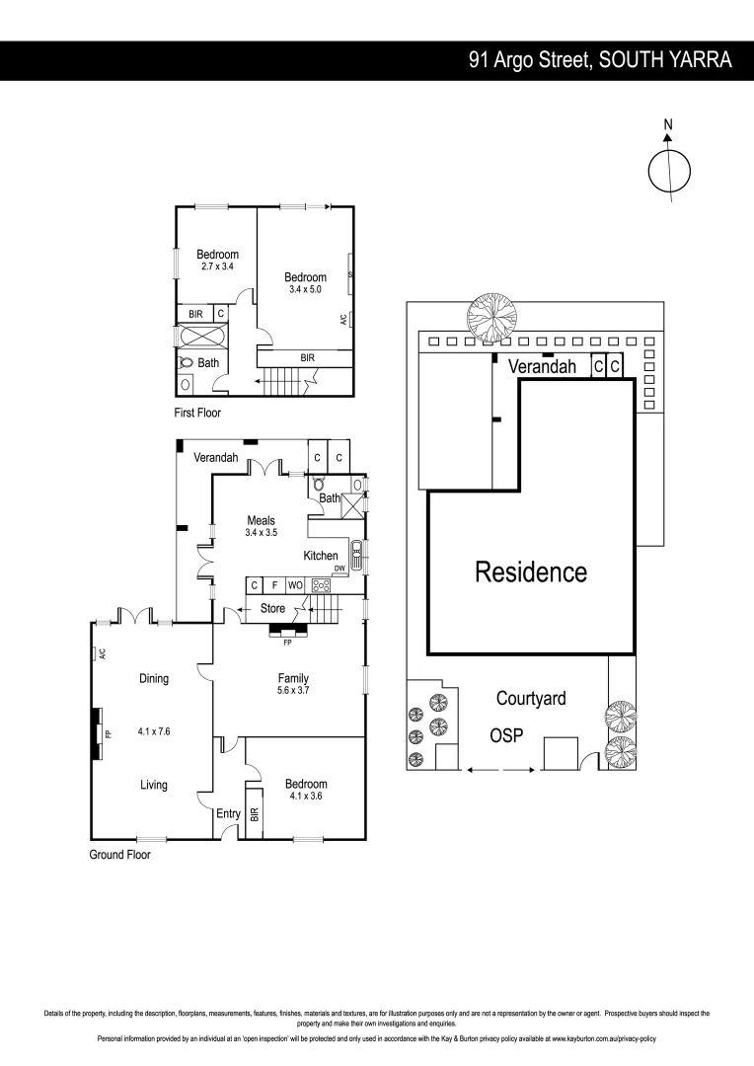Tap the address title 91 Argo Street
[600, 60]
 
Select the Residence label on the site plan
[531, 571]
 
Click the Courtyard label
[531, 699]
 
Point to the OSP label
[506, 736]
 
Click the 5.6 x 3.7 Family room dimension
[292, 691]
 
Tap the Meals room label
[261, 520]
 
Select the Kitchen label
[321, 556]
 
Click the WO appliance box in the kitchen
[295, 585]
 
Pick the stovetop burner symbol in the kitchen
[322, 585]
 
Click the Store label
[272, 609]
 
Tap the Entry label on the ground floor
[228, 813]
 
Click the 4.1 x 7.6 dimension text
[153, 732]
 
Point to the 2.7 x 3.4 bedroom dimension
[217, 266]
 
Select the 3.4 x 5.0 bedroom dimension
[305, 289]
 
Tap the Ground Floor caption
[120, 855]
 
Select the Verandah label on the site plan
[542, 366]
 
